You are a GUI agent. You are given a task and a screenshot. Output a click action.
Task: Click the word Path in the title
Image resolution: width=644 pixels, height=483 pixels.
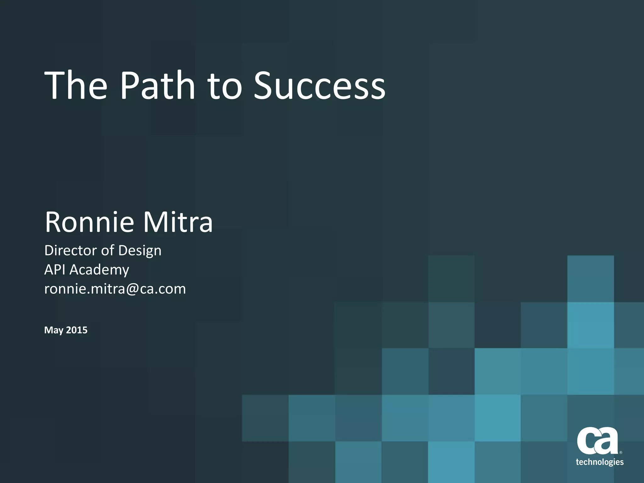(x=158, y=85)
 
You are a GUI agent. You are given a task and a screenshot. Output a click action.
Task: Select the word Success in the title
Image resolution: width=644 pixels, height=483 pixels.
(x=319, y=85)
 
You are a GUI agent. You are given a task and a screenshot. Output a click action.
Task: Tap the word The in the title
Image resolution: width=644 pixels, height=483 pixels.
(x=76, y=85)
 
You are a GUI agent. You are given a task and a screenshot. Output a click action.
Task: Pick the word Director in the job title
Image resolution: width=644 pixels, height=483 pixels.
(x=71, y=250)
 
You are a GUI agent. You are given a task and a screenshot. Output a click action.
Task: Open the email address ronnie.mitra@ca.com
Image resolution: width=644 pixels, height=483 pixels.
(x=115, y=289)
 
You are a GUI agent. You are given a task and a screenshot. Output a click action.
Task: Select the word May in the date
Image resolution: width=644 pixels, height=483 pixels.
(x=53, y=330)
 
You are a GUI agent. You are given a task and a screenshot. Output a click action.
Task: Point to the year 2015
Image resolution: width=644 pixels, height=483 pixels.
(x=77, y=330)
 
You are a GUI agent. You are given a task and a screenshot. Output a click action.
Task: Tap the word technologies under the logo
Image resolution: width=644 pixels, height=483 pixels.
(x=600, y=462)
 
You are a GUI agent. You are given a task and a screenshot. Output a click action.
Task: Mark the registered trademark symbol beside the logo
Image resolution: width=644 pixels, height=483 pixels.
(x=620, y=452)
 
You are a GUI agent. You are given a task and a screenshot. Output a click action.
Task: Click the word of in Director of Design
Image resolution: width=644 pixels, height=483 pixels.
(x=108, y=250)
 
